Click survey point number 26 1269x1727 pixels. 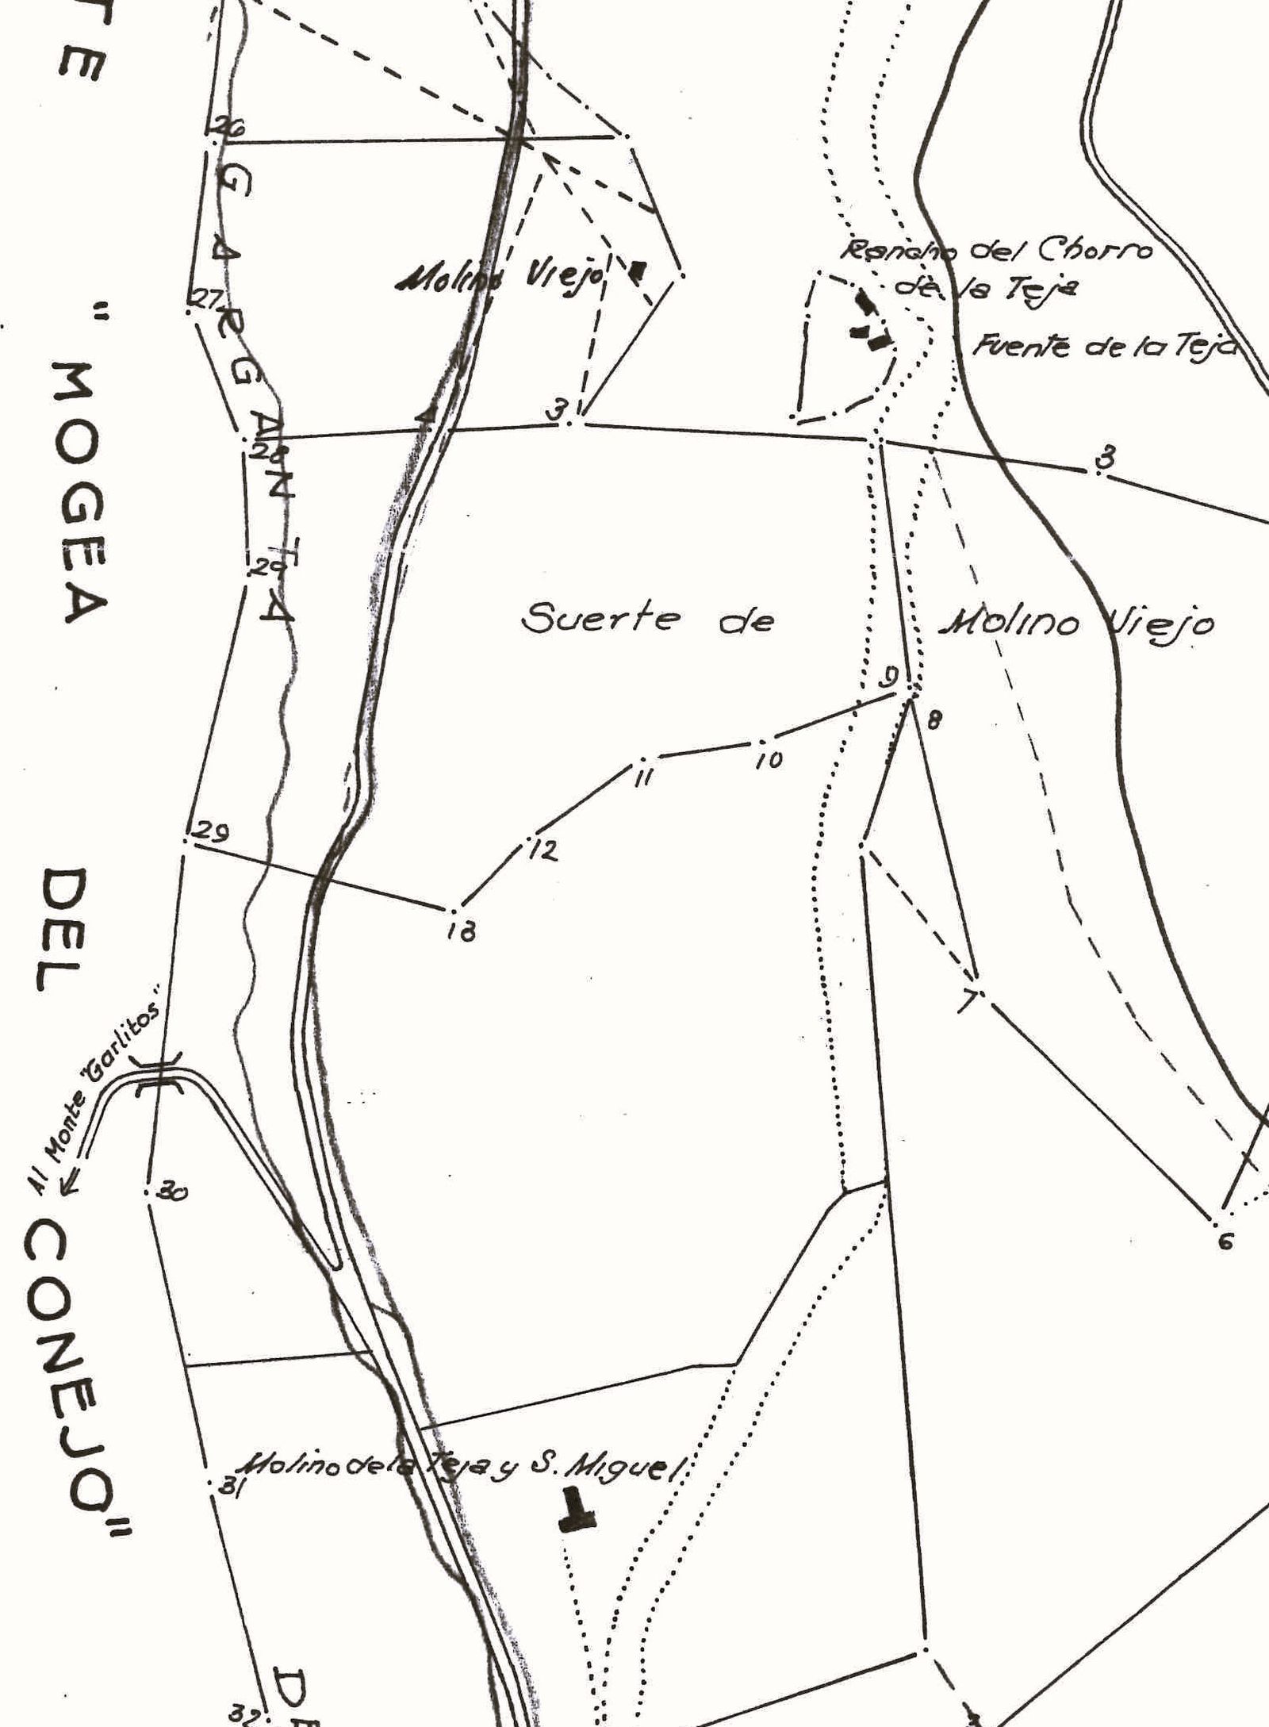point(212,137)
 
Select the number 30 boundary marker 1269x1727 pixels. point(148,1191)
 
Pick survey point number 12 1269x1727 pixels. point(529,837)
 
